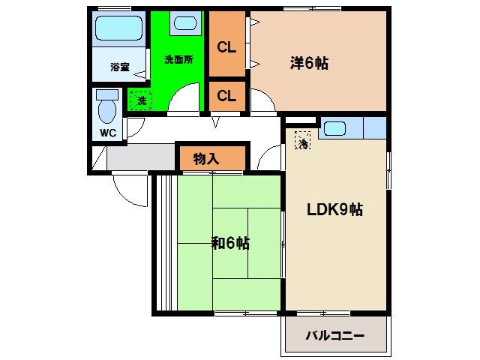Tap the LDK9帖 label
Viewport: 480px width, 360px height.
335,209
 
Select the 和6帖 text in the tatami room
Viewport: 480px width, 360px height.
230,243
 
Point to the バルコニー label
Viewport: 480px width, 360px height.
334,335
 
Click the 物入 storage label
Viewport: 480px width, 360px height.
205,158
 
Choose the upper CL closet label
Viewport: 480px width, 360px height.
226,47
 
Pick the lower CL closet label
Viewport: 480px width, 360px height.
226,95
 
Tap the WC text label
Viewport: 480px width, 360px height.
106,134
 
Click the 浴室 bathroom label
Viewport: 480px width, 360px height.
120,67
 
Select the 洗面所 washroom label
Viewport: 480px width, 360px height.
178,61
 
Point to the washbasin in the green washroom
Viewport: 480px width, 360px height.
184,23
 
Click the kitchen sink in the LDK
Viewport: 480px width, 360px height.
335,128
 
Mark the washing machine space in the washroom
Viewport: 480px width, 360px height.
140,100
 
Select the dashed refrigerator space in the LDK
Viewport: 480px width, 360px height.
303,140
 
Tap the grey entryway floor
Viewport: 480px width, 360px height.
139,157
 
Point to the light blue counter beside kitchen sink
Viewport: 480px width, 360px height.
373,128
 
